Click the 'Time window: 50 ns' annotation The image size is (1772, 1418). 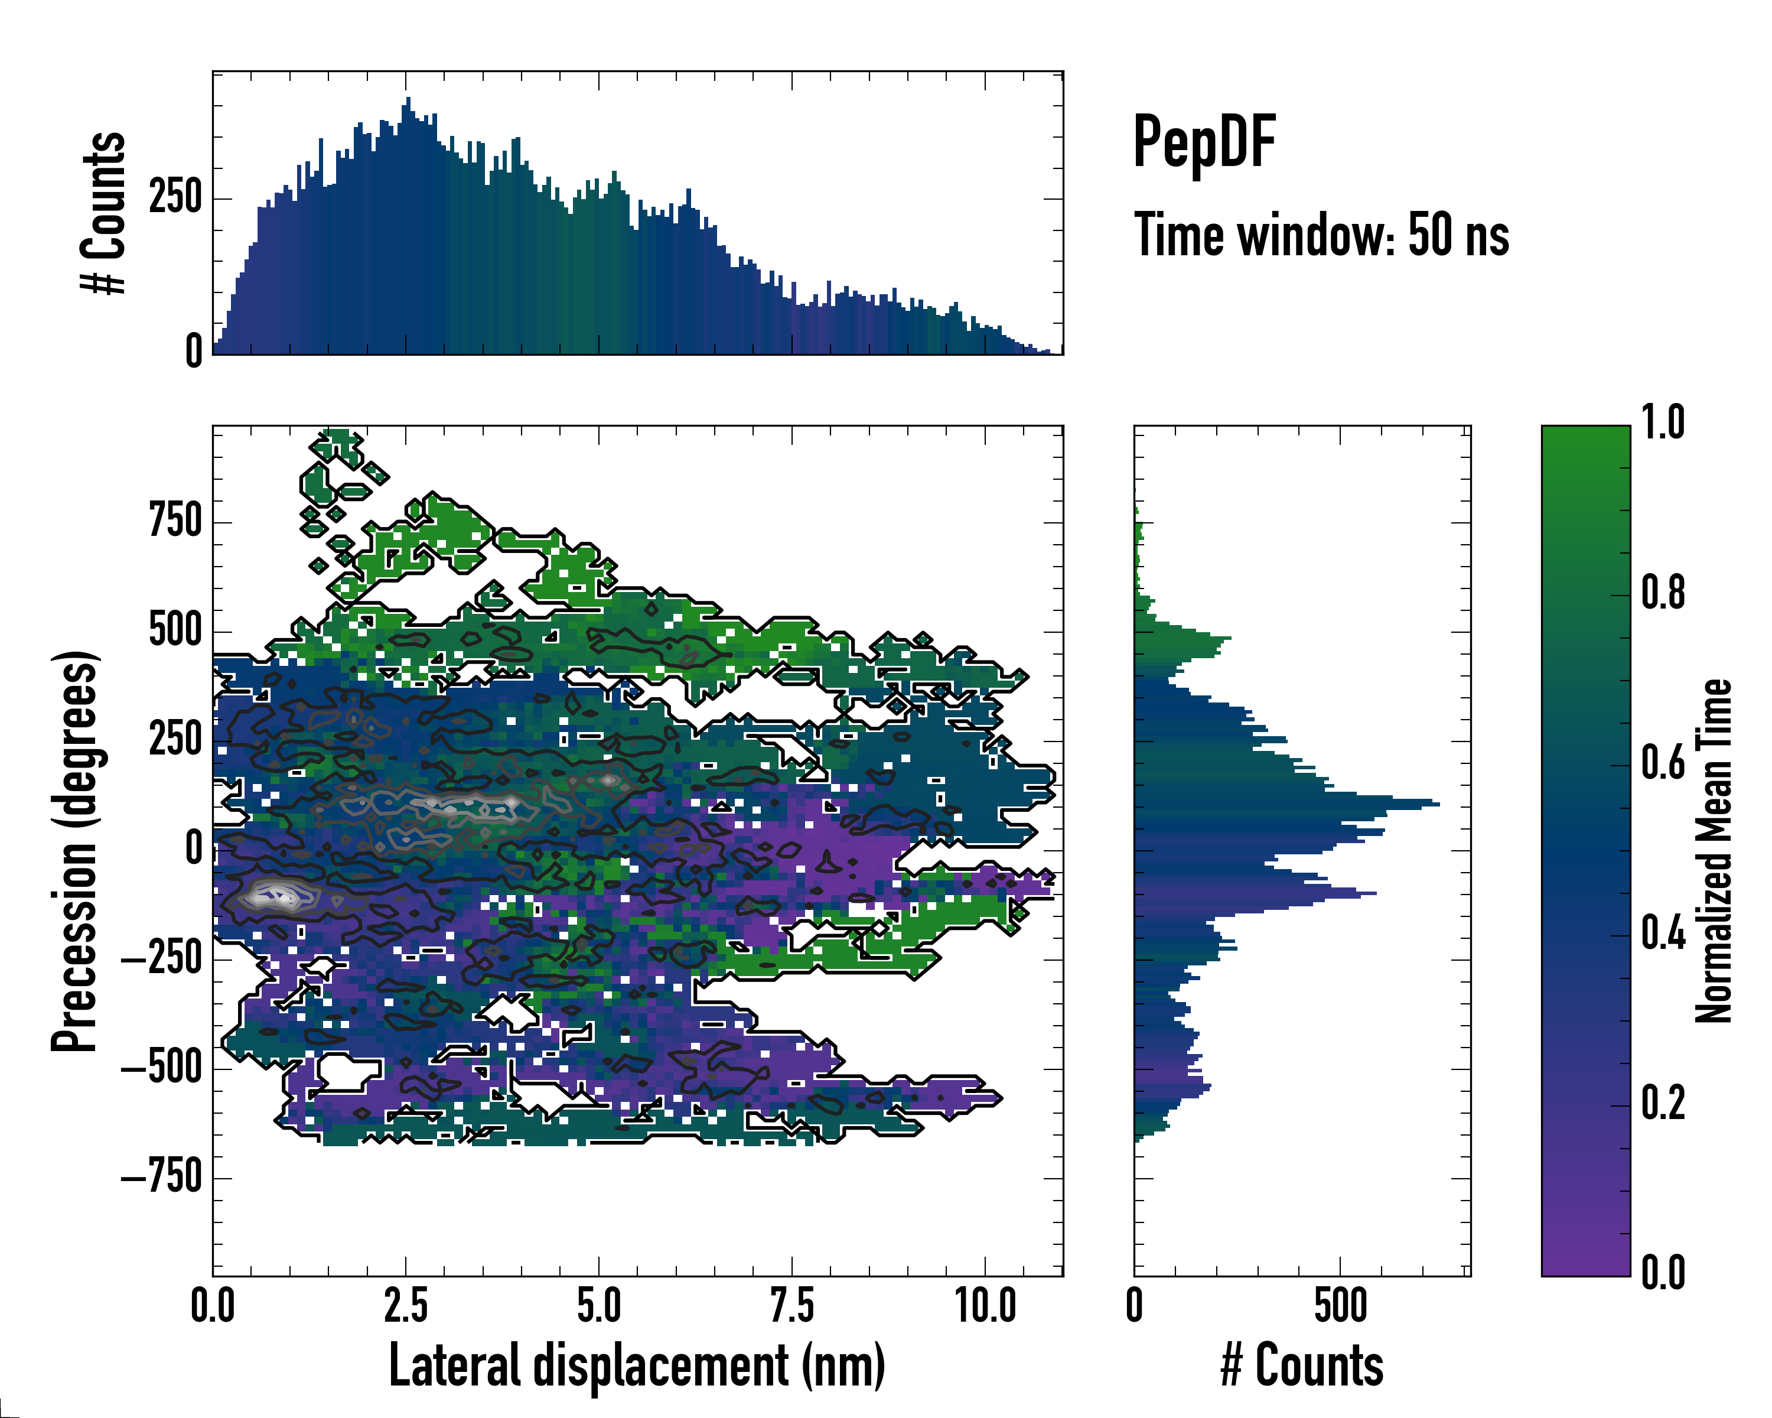(x=1321, y=235)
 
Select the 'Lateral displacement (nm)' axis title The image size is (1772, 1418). (x=637, y=1365)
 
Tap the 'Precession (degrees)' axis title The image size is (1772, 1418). (x=76, y=851)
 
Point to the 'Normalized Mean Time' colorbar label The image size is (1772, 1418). (x=1713, y=851)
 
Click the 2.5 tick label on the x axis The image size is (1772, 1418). (x=405, y=1305)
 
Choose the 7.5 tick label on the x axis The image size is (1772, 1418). (x=791, y=1305)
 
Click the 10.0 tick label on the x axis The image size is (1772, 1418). (x=985, y=1305)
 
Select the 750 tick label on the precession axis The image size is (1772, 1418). (x=175, y=521)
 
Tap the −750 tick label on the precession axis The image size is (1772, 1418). (x=162, y=1177)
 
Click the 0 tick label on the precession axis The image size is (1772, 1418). (x=194, y=849)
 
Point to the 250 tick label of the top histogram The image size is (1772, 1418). (x=175, y=198)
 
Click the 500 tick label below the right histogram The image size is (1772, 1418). (x=1340, y=1305)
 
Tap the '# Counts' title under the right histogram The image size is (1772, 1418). (x=1302, y=1365)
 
